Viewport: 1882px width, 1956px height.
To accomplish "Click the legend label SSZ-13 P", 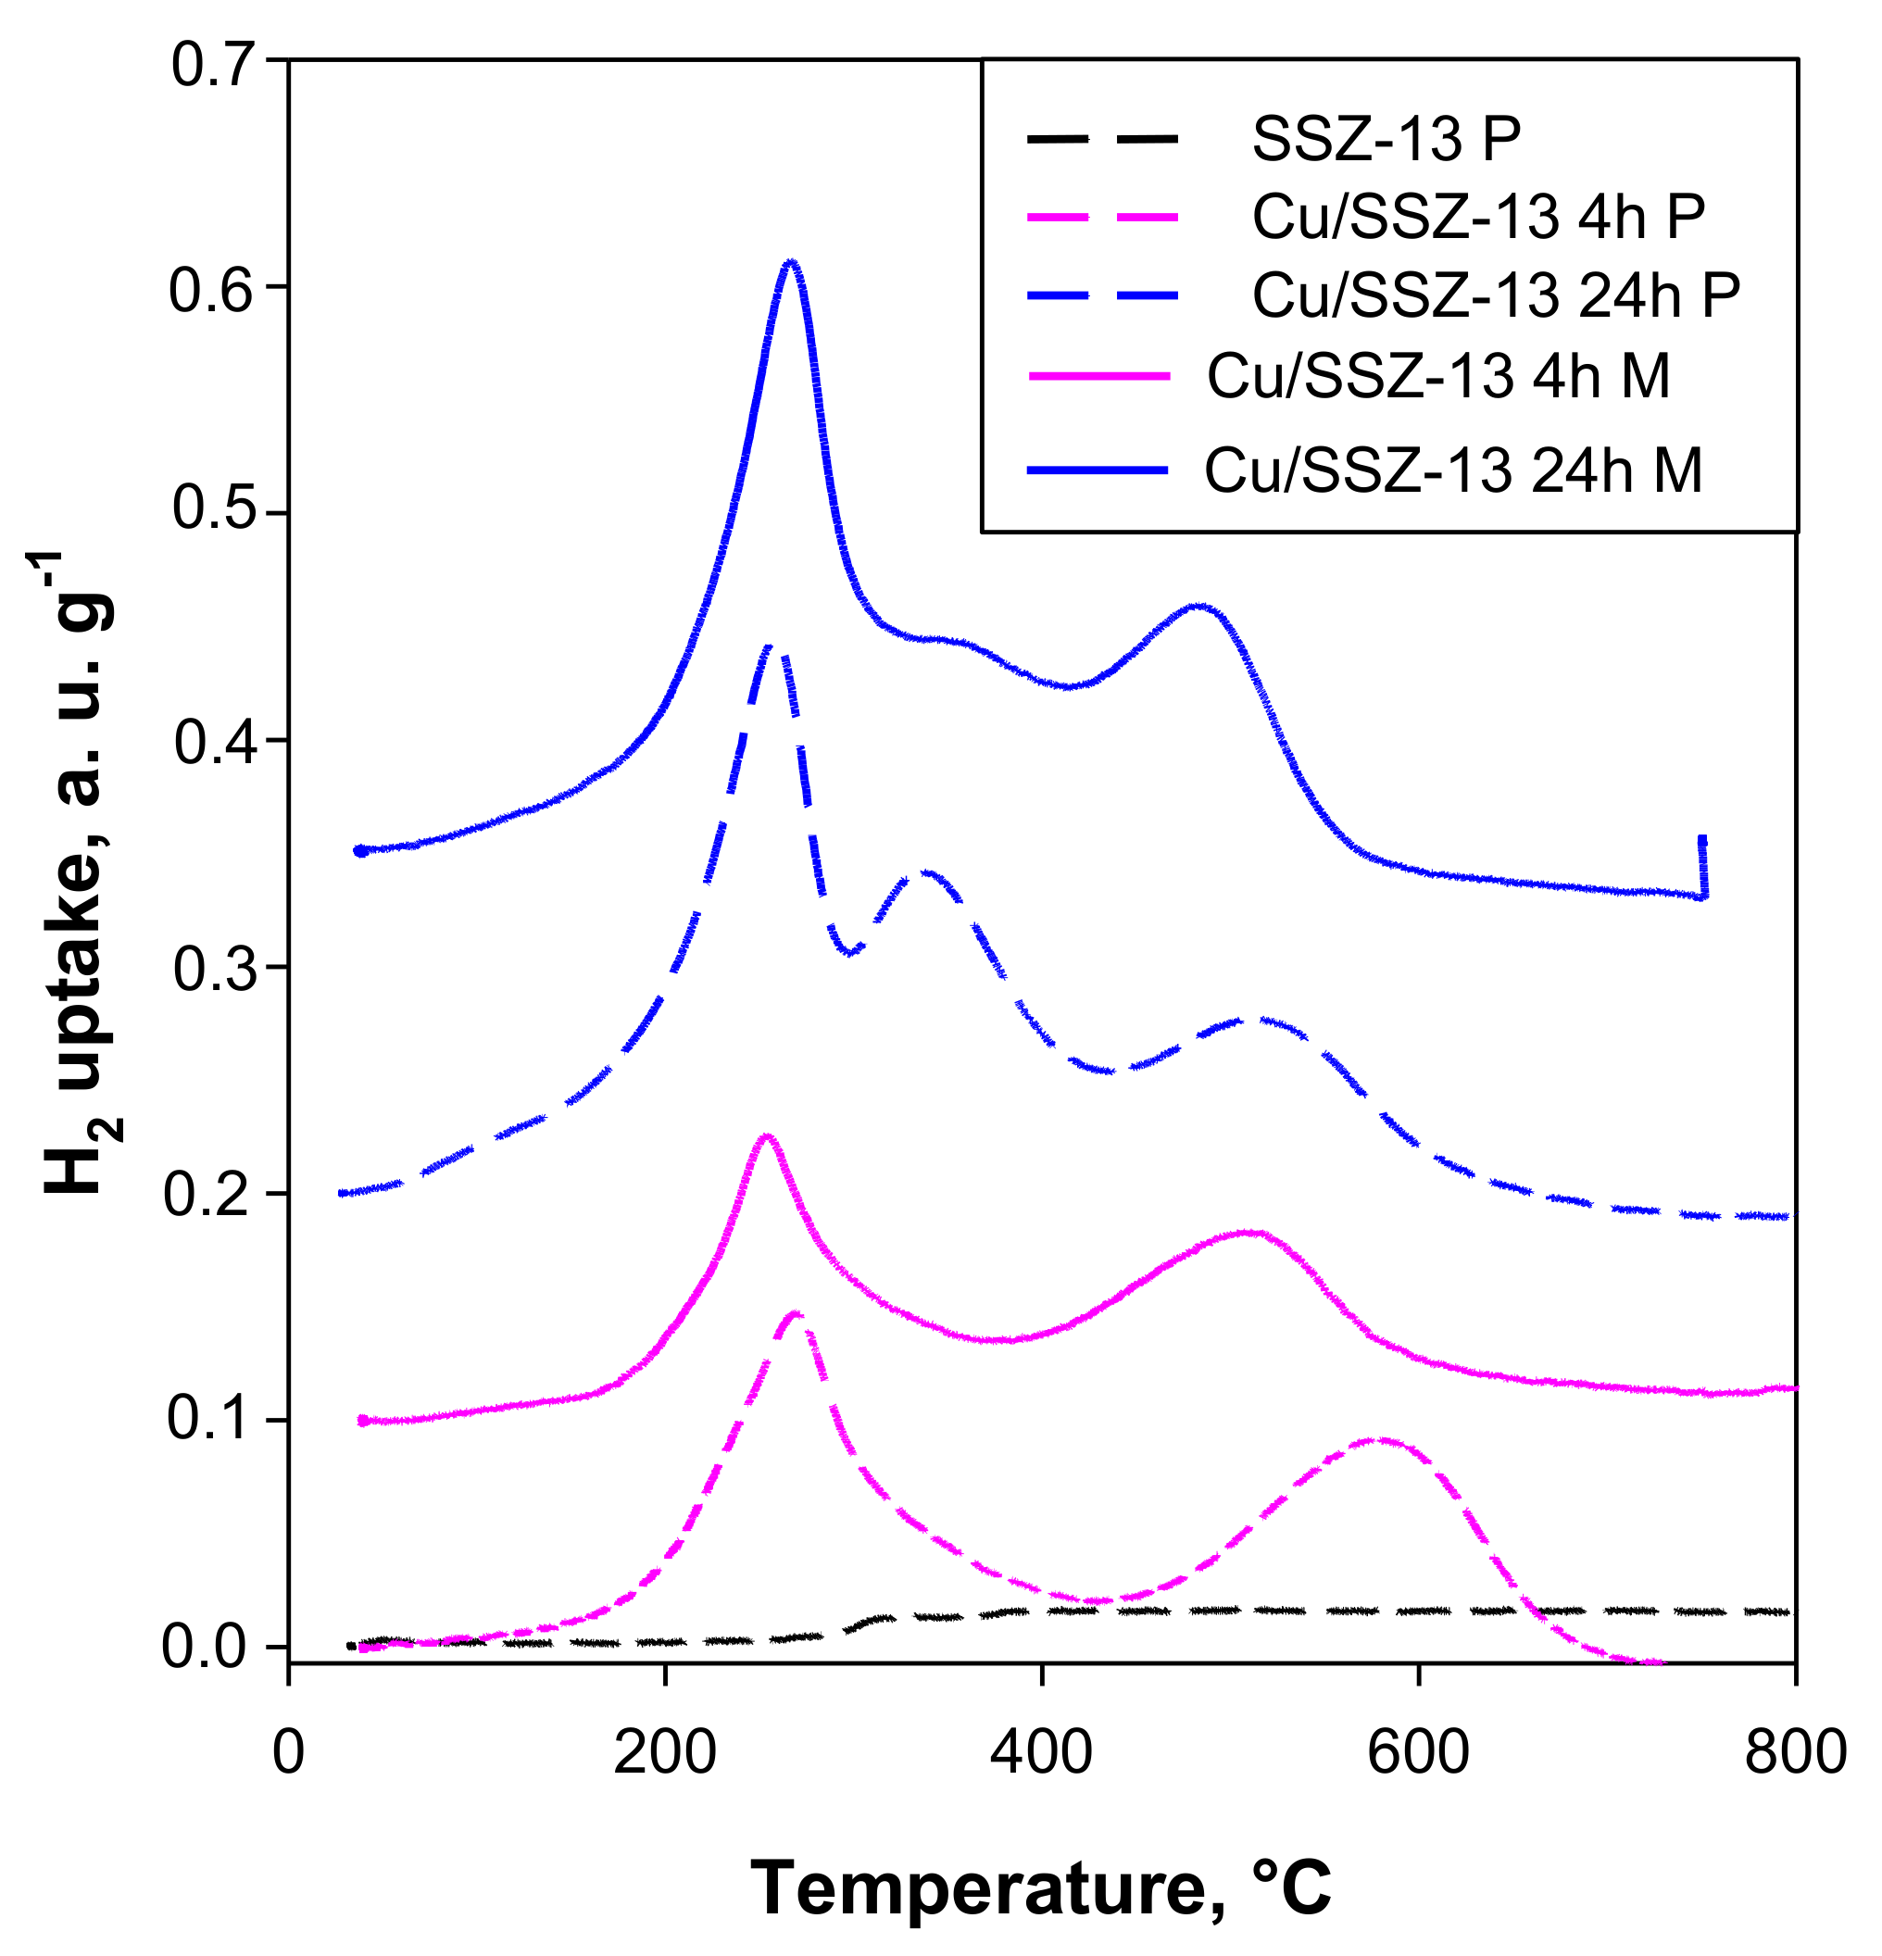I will coord(1386,139).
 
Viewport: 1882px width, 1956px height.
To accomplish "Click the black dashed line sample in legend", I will coord(1101,139).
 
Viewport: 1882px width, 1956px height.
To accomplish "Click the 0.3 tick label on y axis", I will coord(216,968).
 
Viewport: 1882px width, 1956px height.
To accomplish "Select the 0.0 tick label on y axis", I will coord(216,1647).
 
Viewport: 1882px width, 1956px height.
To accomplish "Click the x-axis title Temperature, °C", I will coord(1041,1888).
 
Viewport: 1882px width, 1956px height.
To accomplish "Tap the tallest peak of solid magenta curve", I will coord(765,1136).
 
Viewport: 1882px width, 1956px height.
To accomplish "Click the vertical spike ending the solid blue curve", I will coord(1702,866).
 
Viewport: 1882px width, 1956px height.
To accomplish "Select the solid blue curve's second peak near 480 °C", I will coord(1200,606).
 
